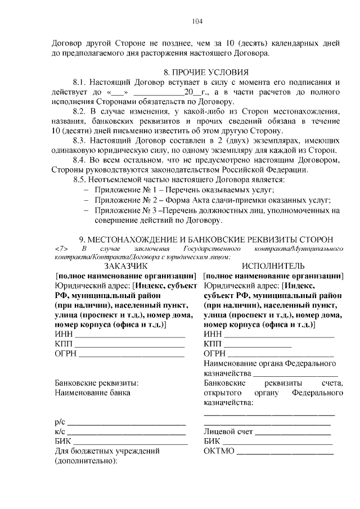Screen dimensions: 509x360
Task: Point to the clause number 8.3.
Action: [x=82, y=140]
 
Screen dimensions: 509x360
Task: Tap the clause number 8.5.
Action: [x=82, y=179]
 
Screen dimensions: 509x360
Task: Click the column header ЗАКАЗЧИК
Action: [x=125, y=265]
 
